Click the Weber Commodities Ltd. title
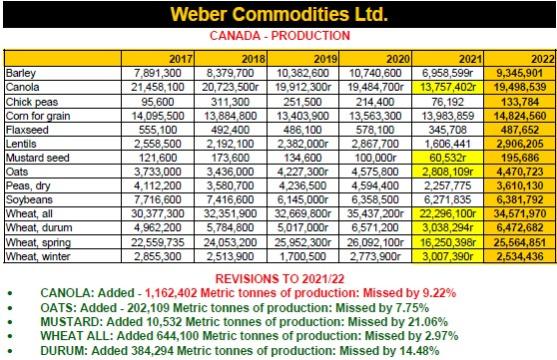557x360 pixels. [279, 14]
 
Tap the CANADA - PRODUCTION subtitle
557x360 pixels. [280, 36]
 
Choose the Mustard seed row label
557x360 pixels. [38, 158]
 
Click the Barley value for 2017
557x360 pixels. [158, 73]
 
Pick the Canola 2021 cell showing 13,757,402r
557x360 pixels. [448, 87]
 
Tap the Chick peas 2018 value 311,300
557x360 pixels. [230, 102]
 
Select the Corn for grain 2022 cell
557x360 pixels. [520, 116]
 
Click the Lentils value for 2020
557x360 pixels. [375, 144]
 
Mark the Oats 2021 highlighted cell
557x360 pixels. [448, 172]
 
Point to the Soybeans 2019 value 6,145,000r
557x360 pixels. [303, 200]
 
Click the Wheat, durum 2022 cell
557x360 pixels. [520, 227]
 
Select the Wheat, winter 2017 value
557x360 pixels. [158, 256]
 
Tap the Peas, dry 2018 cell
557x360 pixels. [230, 186]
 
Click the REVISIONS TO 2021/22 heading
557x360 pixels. [280, 279]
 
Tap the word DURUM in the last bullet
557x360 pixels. [64, 351]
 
